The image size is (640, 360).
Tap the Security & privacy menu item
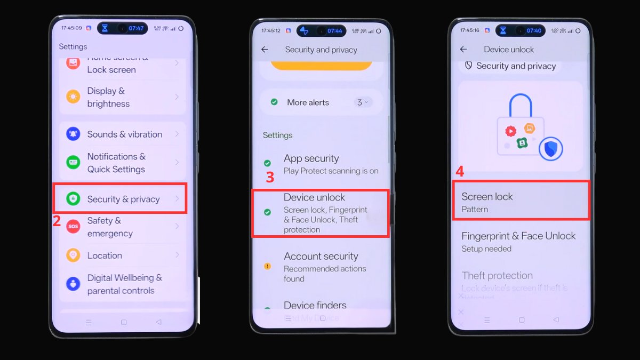coord(123,199)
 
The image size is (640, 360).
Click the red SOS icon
coord(73,227)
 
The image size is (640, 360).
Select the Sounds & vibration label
coord(124,134)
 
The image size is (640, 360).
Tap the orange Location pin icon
coord(73,255)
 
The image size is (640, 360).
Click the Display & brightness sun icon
coord(73,97)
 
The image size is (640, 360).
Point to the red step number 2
coord(57,221)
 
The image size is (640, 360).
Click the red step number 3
coord(270,178)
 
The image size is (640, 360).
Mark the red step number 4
coord(460,172)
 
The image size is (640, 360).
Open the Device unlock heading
coord(314,197)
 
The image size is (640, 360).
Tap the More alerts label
coord(308,102)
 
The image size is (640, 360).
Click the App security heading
coord(311,158)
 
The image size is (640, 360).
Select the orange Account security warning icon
coord(267,266)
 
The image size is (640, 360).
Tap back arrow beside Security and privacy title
coord(265,50)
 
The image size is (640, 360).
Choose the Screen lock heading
coord(487,196)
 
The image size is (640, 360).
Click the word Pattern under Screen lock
coord(475,209)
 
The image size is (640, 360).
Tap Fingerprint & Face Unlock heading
coord(518,236)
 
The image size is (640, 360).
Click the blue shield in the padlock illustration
coord(550,149)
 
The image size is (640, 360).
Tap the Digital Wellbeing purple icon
coord(73,284)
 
